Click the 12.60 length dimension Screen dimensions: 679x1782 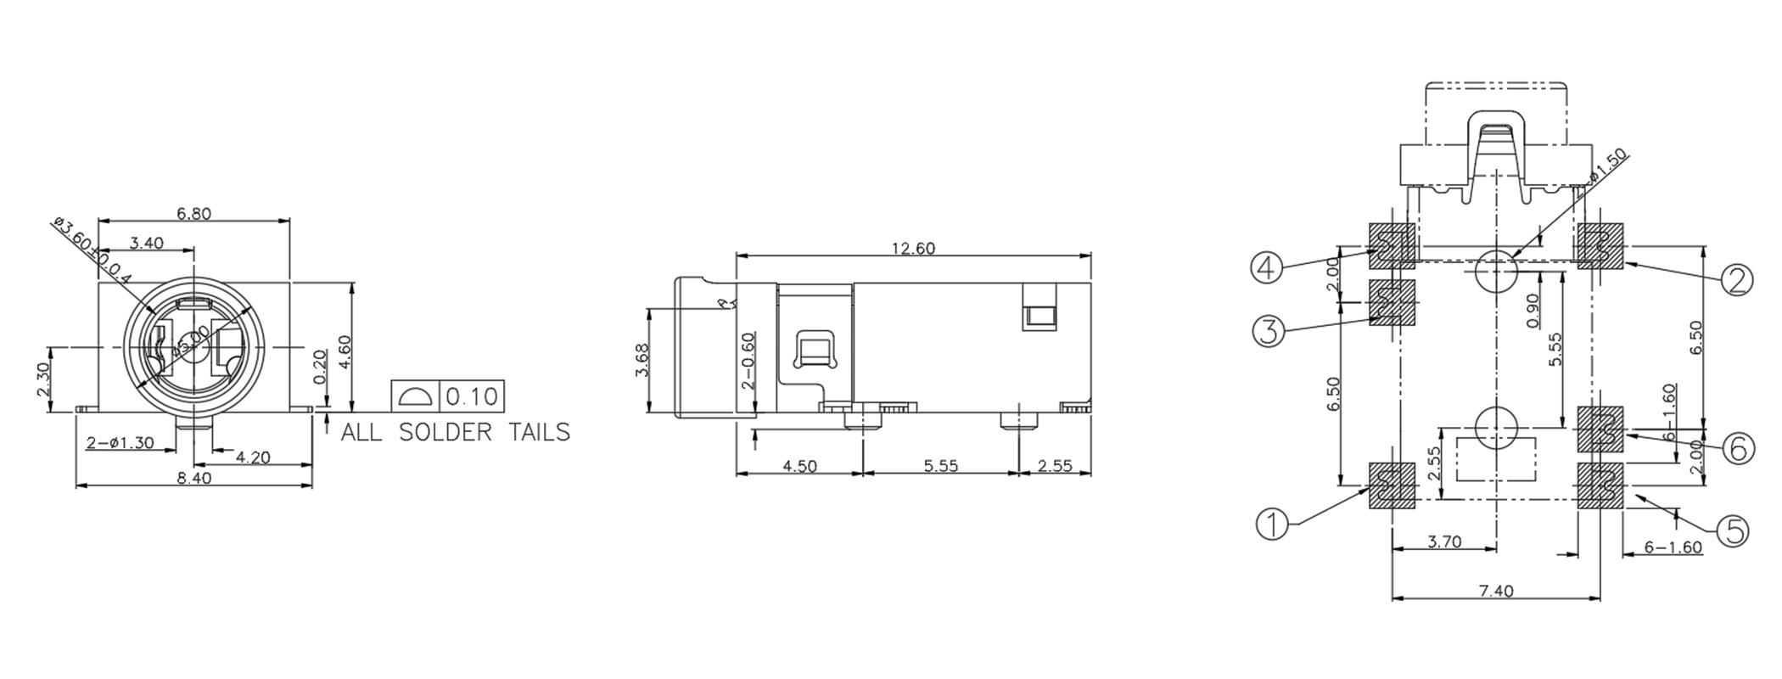(x=912, y=249)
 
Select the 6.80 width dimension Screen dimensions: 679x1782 (x=193, y=214)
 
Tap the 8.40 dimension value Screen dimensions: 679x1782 (x=193, y=478)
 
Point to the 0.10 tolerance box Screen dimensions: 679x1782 (x=472, y=396)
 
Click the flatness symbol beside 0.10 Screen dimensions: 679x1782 (x=415, y=396)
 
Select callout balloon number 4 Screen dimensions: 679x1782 (x=1266, y=268)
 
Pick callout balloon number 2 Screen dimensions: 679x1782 (x=1736, y=279)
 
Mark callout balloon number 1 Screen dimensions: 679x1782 (x=1271, y=524)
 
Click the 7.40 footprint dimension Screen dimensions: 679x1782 (x=1496, y=592)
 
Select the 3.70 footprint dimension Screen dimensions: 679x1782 (x=1444, y=542)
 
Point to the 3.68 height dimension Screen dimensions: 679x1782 (x=642, y=360)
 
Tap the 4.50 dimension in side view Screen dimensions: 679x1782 (x=799, y=466)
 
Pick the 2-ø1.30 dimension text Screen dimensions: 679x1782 (x=120, y=442)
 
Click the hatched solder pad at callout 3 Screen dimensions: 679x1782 (x=1393, y=303)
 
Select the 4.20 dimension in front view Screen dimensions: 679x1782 (x=253, y=457)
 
